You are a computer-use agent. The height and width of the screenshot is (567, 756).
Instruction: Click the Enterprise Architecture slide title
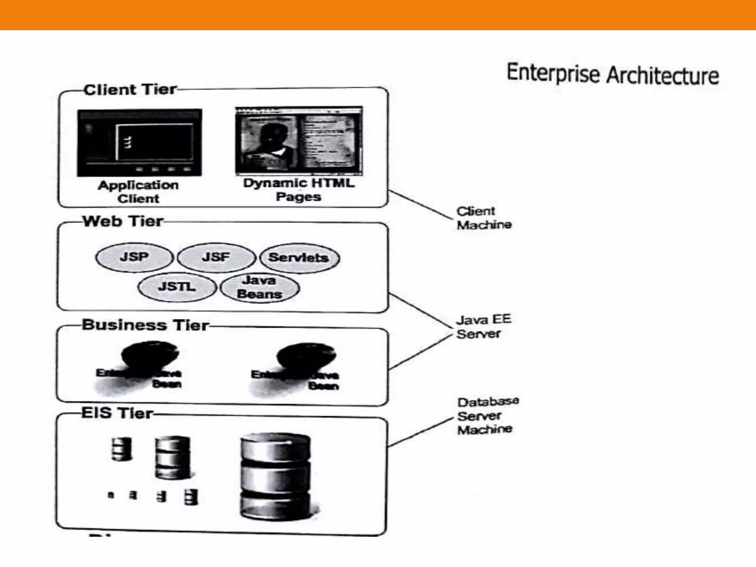[613, 75]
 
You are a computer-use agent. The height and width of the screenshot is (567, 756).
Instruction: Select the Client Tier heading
[130, 90]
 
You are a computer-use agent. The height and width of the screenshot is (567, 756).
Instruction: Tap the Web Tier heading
[123, 221]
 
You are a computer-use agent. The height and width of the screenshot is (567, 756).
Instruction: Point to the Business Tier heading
[145, 325]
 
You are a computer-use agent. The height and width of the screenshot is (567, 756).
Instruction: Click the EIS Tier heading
[117, 413]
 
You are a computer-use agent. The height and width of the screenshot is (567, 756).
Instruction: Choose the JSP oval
[134, 257]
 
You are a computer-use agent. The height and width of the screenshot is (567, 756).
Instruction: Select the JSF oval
[216, 257]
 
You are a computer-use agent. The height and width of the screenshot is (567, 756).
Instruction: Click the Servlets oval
[299, 258]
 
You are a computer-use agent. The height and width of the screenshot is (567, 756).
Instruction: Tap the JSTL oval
[177, 287]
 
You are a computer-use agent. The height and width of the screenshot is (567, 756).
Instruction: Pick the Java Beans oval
[260, 288]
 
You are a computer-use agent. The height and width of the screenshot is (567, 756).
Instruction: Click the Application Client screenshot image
[140, 142]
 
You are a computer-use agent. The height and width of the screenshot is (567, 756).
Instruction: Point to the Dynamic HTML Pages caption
[299, 190]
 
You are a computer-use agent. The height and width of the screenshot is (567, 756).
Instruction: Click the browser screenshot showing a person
[299, 140]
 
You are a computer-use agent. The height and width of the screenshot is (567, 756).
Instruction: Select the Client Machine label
[484, 218]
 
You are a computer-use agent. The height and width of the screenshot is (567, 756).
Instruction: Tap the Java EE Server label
[484, 326]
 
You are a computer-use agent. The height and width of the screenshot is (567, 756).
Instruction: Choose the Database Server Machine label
[487, 416]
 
